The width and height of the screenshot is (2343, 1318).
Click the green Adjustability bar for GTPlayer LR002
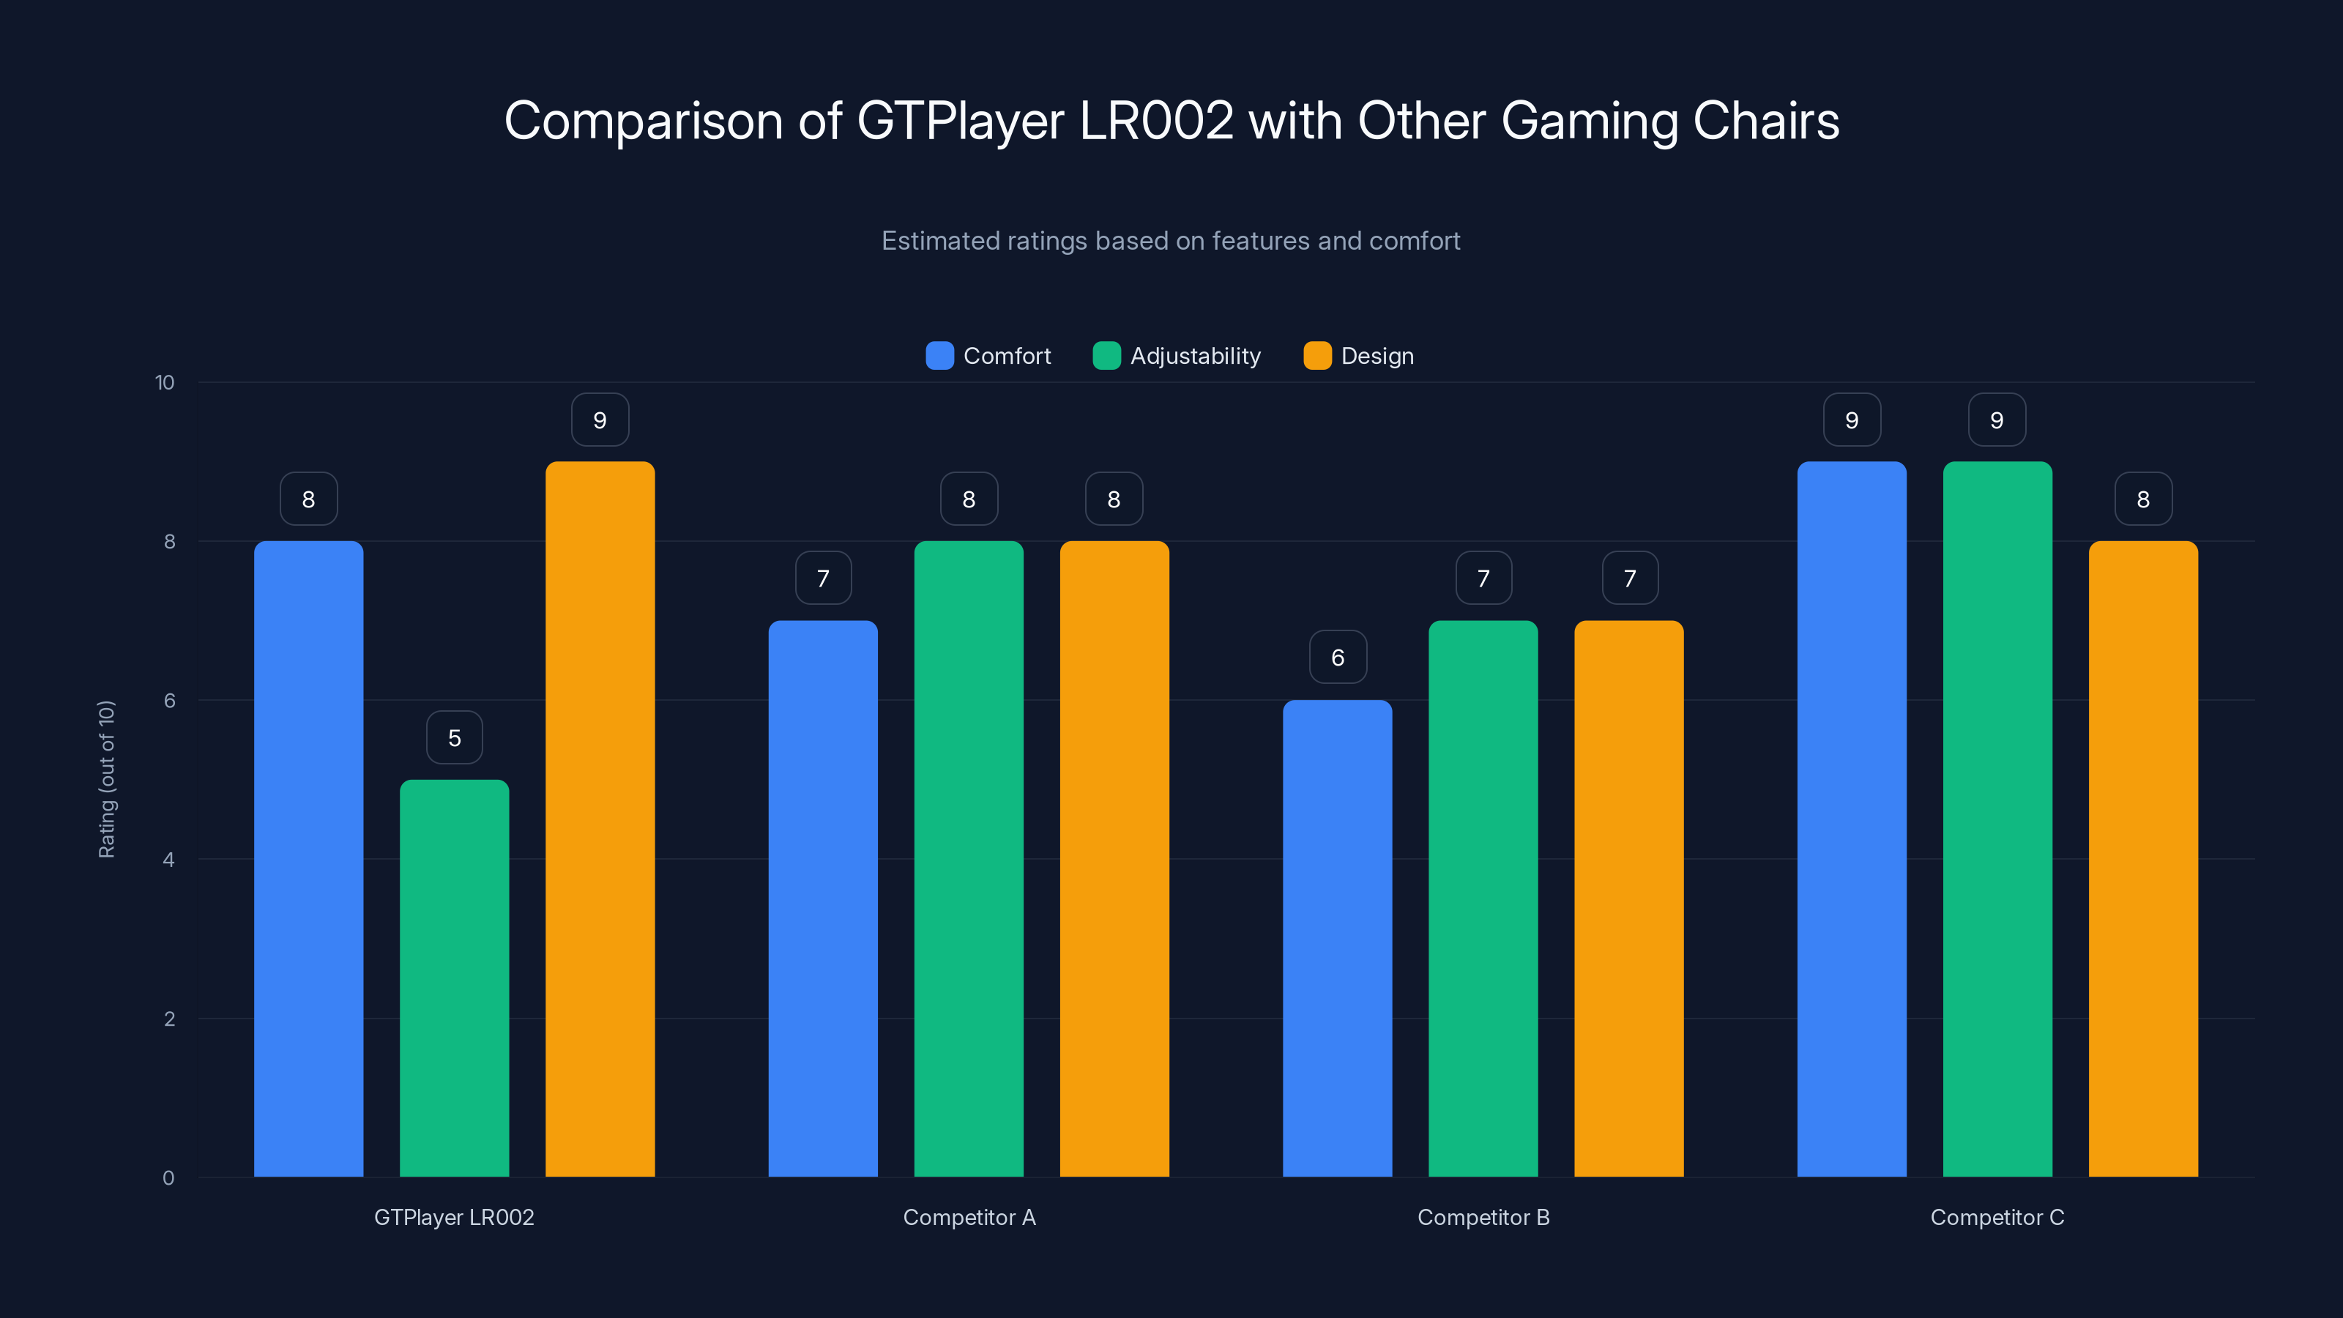(454, 978)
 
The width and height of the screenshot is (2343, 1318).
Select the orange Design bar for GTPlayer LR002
(600, 819)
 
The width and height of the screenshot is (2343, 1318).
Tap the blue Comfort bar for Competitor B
(1337, 938)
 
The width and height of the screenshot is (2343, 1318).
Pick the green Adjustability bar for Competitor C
(1997, 819)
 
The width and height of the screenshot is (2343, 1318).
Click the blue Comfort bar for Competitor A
(822, 898)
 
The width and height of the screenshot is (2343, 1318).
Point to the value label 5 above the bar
(454, 737)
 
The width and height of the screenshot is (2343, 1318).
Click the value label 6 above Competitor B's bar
(1337, 658)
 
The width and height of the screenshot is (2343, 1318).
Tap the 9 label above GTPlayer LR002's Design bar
(600, 420)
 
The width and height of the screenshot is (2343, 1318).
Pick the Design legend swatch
(1317, 356)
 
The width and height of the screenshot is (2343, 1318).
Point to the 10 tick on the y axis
(165, 383)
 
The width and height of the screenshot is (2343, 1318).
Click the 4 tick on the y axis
(168, 860)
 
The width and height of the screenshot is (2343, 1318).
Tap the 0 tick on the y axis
(168, 1178)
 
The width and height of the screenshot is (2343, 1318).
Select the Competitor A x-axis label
(969, 1217)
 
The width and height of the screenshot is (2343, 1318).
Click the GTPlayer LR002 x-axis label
(454, 1217)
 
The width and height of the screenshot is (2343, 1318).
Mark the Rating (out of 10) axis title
(106, 780)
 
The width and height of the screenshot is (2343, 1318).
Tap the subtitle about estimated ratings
(1171, 241)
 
